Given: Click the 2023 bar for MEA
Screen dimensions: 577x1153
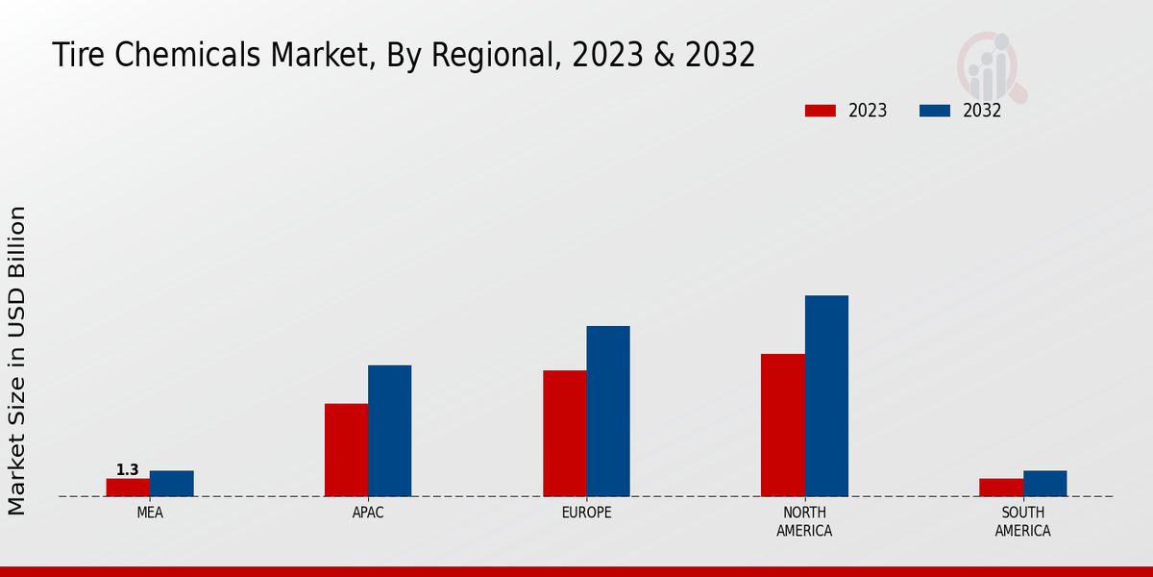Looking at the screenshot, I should (x=128, y=488).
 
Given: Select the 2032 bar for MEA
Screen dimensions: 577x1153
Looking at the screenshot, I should (x=172, y=484).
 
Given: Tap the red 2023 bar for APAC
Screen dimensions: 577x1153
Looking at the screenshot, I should (x=346, y=450).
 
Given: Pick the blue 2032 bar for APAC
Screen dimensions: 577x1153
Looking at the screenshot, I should (x=390, y=431).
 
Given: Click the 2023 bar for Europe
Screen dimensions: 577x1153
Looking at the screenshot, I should (x=565, y=434).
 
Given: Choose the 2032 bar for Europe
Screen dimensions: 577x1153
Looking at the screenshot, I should (x=608, y=412).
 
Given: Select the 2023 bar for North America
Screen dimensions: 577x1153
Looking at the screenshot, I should (x=783, y=425).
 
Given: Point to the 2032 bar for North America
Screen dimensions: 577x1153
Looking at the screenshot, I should (x=826, y=396).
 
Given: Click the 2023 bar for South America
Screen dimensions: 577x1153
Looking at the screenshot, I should (x=1001, y=488).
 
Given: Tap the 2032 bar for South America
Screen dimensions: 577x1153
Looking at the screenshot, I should (x=1045, y=484).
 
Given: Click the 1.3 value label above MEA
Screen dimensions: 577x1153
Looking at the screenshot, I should (x=128, y=470).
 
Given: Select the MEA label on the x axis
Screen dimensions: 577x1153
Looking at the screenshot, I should (x=150, y=513).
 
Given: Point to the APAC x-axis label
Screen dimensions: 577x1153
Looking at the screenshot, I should (x=368, y=513).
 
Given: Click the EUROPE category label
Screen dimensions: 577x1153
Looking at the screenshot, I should (x=586, y=513).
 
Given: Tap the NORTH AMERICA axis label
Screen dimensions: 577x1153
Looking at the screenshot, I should (x=805, y=521).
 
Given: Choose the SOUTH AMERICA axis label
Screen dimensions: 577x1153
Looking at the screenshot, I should (x=1023, y=521).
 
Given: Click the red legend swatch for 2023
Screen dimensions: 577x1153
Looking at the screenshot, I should (x=821, y=111).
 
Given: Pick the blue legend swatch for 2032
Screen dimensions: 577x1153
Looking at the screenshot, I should (x=935, y=111).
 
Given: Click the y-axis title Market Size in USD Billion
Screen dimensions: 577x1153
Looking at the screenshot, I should (x=18, y=361).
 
